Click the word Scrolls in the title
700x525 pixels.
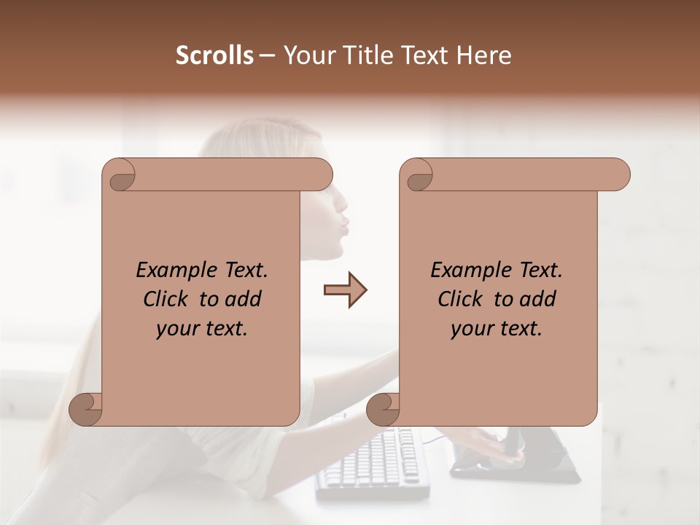(214, 55)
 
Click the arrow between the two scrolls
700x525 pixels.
(345, 290)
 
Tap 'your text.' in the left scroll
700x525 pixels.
(202, 328)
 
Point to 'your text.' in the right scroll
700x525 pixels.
(497, 328)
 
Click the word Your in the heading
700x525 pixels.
(308, 55)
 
